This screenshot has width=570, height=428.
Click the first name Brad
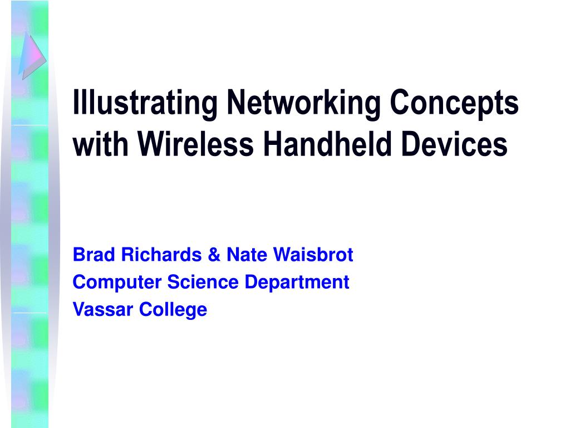[x=91, y=255]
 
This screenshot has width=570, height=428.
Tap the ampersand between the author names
[x=214, y=255]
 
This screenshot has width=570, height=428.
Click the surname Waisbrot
[x=314, y=255]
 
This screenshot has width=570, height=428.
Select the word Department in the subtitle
[x=297, y=283]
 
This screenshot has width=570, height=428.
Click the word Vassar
[x=102, y=309]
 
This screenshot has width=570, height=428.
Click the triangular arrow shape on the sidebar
[x=31, y=55]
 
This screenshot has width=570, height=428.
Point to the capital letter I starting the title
[x=76, y=104]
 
